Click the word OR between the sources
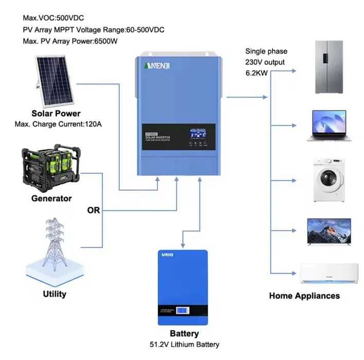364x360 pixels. pyautogui.click(x=94, y=210)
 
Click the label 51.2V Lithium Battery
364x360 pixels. pyautogui.click(x=184, y=344)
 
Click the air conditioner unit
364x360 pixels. pyautogui.click(x=329, y=274)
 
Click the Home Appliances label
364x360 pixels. pyautogui.click(x=304, y=296)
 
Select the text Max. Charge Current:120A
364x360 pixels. pyautogui.click(x=57, y=124)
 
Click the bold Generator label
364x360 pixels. pyautogui.click(x=52, y=198)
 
